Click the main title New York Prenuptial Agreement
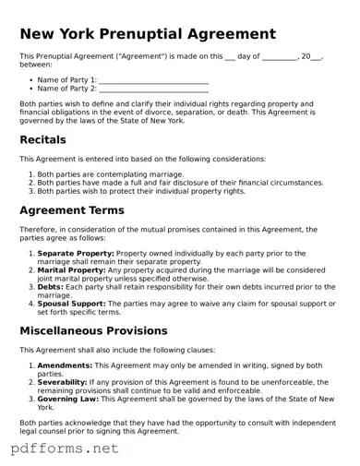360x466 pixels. click(148, 34)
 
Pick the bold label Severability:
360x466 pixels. click(65, 382)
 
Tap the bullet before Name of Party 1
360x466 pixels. click(30, 80)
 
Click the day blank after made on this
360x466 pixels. click(230, 57)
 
